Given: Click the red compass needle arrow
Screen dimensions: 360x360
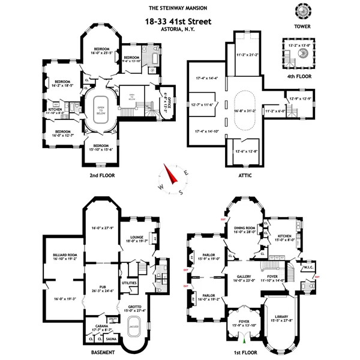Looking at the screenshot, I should (173, 176).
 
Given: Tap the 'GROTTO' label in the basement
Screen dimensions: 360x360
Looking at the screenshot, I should (134, 307).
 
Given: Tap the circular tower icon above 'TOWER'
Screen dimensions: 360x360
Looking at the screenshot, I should (300, 11).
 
